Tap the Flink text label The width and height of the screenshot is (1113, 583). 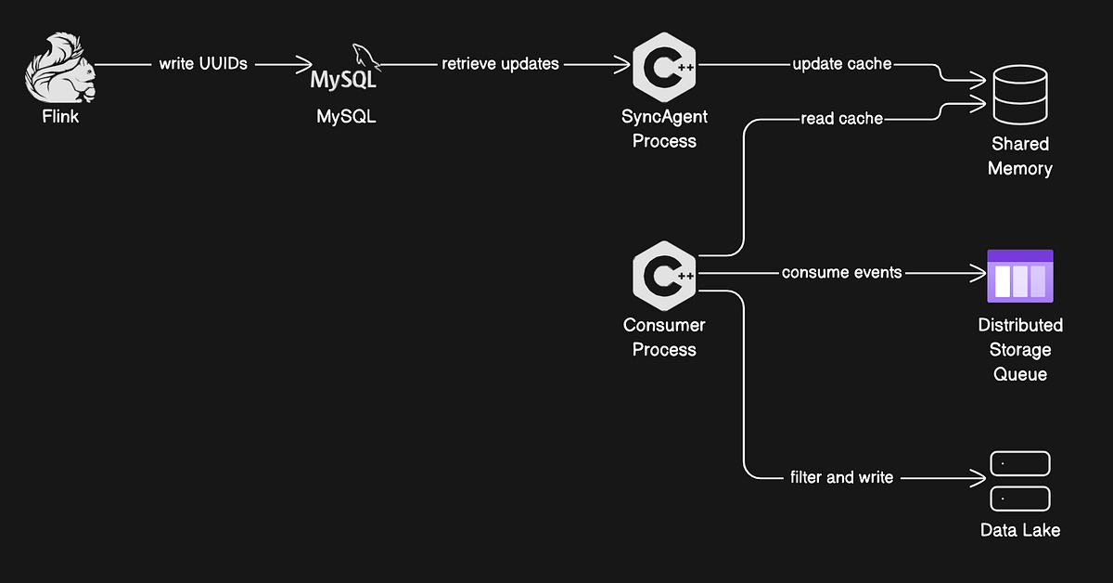click(x=60, y=117)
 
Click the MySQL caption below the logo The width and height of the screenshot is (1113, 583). click(x=346, y=117)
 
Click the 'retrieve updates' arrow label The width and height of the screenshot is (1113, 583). click(x=500, y=64)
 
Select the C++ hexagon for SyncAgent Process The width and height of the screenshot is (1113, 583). click(x=664, y=67)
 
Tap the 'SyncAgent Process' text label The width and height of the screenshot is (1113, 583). click(x=664, y=129)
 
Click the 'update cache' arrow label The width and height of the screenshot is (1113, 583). click(x=841, y=64)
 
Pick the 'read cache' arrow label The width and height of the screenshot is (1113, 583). click(x=841, y=119)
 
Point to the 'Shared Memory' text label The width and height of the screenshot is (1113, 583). click(x=1019, y=156)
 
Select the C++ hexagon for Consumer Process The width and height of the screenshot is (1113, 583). click(x=664, y=275)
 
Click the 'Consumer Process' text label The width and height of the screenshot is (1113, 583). click(x=664, y=337)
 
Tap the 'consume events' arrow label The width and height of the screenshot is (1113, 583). click(x=841, y=273)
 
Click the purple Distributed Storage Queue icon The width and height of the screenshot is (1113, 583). click(x=1020, y=275)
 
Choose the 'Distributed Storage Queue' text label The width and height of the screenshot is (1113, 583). click(x=1020, y=350)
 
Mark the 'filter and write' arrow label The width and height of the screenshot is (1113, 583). click(x=841, y=477)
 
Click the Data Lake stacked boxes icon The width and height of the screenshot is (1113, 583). click(x=1020, y=481)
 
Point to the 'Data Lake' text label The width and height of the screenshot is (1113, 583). click(x=1020, y=530)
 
